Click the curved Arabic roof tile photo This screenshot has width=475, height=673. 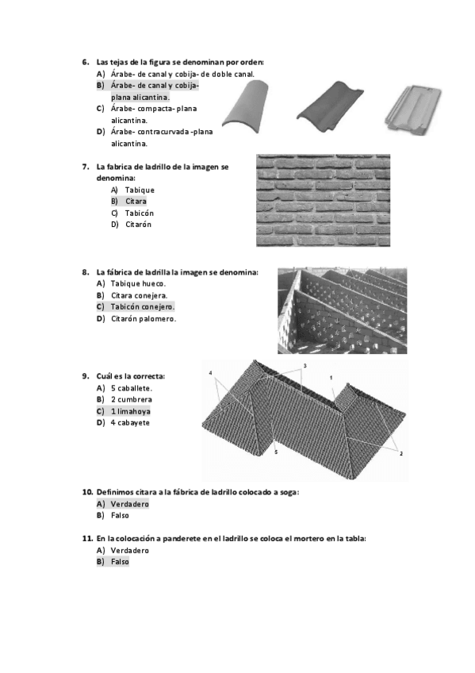tap(247, 107)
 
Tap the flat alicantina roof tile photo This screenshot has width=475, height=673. tap(412, 108)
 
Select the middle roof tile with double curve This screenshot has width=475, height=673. tap(333, 107)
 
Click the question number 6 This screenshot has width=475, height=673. tap(86, 62)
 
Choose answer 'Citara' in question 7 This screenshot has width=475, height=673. tap(136, 202)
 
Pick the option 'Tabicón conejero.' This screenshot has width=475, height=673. tap(142, 307)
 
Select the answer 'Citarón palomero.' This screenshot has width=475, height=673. tap(144, 319)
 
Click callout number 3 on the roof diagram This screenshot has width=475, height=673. tap(305, 366)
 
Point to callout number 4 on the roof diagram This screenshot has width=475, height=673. tap(210, 373)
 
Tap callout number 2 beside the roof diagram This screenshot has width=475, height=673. tap(400, 453)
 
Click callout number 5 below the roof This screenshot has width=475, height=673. tap(276, 452)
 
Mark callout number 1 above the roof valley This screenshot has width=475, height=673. tap(331, 378)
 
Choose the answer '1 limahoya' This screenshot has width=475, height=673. tap(131, 412)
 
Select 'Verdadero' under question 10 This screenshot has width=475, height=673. tap(130, 504)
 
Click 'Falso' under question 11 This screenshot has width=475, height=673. tap(120, 562)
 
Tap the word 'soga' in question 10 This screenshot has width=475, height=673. tap(288, 492)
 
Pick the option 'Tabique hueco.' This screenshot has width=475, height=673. tap(138, 283)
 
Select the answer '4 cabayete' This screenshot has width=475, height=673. tap(130, 423)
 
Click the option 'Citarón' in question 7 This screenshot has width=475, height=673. tap(139, 225)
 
